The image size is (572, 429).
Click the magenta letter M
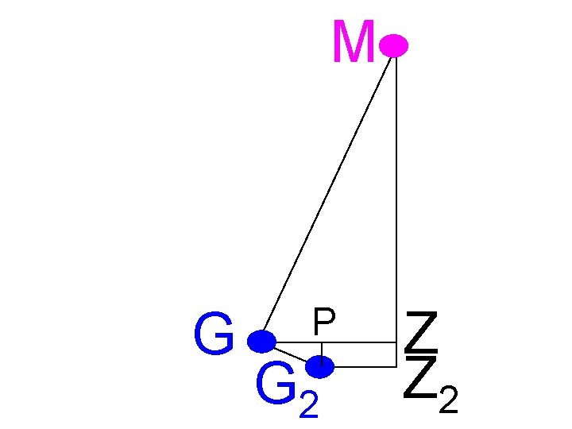pyautogui.click(x=354, y=44)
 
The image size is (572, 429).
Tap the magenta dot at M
pyautogui.click(x=393, y=46)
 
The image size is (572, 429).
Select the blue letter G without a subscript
pyautogui.click(x=212, y=336)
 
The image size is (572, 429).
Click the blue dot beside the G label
pyautogui.click(x=261, y=342)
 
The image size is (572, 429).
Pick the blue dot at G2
pyautogui.click(x=320, y=366)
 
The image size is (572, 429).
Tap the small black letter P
pyautogui.click(x=323, y=323)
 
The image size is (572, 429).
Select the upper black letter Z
pyautogui.click(x=421, y=333)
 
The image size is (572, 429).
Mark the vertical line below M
pyautogui.click(x=396, y=199)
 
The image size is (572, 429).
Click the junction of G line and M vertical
pyautogui.click(x=396, y=342)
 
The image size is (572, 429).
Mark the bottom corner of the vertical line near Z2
pyautogui.click(x=396, y=367)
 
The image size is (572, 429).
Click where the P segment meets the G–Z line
pyautogui.click(x=321, y=342)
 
